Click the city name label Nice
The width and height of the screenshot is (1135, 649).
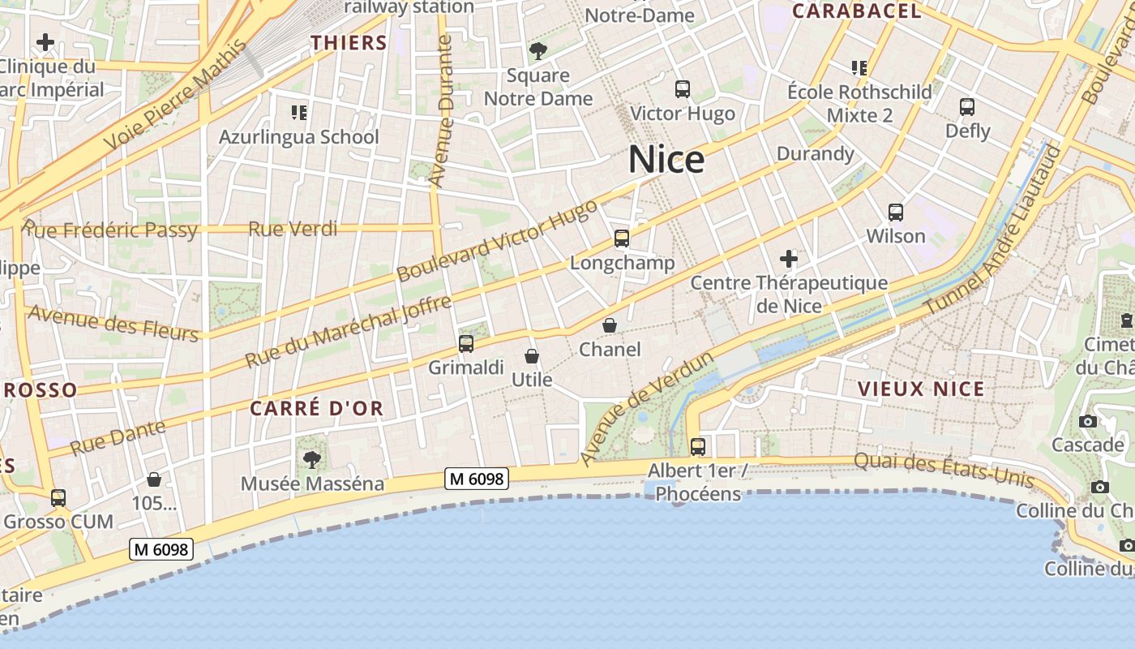[666, 160]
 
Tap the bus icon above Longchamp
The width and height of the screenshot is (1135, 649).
[622, 239]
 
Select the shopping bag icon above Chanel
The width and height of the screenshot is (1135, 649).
[610, 325]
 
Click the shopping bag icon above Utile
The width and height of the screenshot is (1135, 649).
[532, 356]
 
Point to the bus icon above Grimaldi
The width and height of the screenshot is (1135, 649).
[466, 343]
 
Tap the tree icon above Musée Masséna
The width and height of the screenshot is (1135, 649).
[311, 460]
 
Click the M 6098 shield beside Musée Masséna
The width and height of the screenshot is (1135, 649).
[478, 479]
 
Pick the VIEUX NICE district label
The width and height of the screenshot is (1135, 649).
[921, 389]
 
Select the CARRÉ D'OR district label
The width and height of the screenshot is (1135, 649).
[316, 408]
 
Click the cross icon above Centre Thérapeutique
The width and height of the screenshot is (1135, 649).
[788, 260]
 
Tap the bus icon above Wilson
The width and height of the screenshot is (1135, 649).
[896, 213]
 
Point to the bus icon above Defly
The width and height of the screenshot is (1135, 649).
[967, 106]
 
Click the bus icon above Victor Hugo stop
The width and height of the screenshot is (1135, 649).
[683, 89]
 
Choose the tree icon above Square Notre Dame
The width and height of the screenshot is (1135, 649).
[538, 52]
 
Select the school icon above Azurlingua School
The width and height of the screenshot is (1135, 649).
[298, 112]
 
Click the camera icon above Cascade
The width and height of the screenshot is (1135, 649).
[1088, 421]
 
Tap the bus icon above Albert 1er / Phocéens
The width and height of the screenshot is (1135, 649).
[698, 446]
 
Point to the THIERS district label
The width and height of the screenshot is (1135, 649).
[349, 43]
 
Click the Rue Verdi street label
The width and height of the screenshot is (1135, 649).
[293, 229]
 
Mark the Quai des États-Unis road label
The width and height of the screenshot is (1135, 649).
[944, 470]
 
